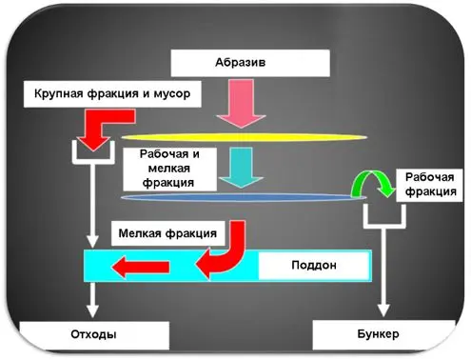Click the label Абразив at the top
coord(249,63)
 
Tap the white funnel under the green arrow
coord(382,217)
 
